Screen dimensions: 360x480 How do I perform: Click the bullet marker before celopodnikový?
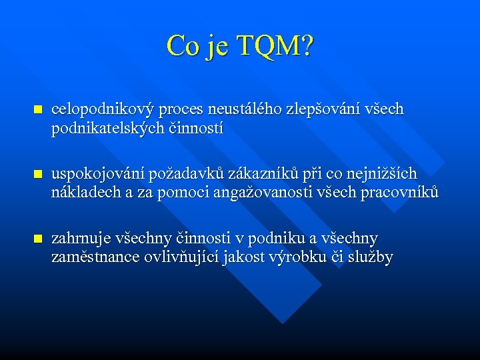pyautogui.click(x=37, y=109)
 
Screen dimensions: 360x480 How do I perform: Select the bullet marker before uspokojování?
pyautogui.click(x=37, y=174)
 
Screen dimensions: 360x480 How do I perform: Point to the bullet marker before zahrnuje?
pyautogui.click(x=37, y=239)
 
